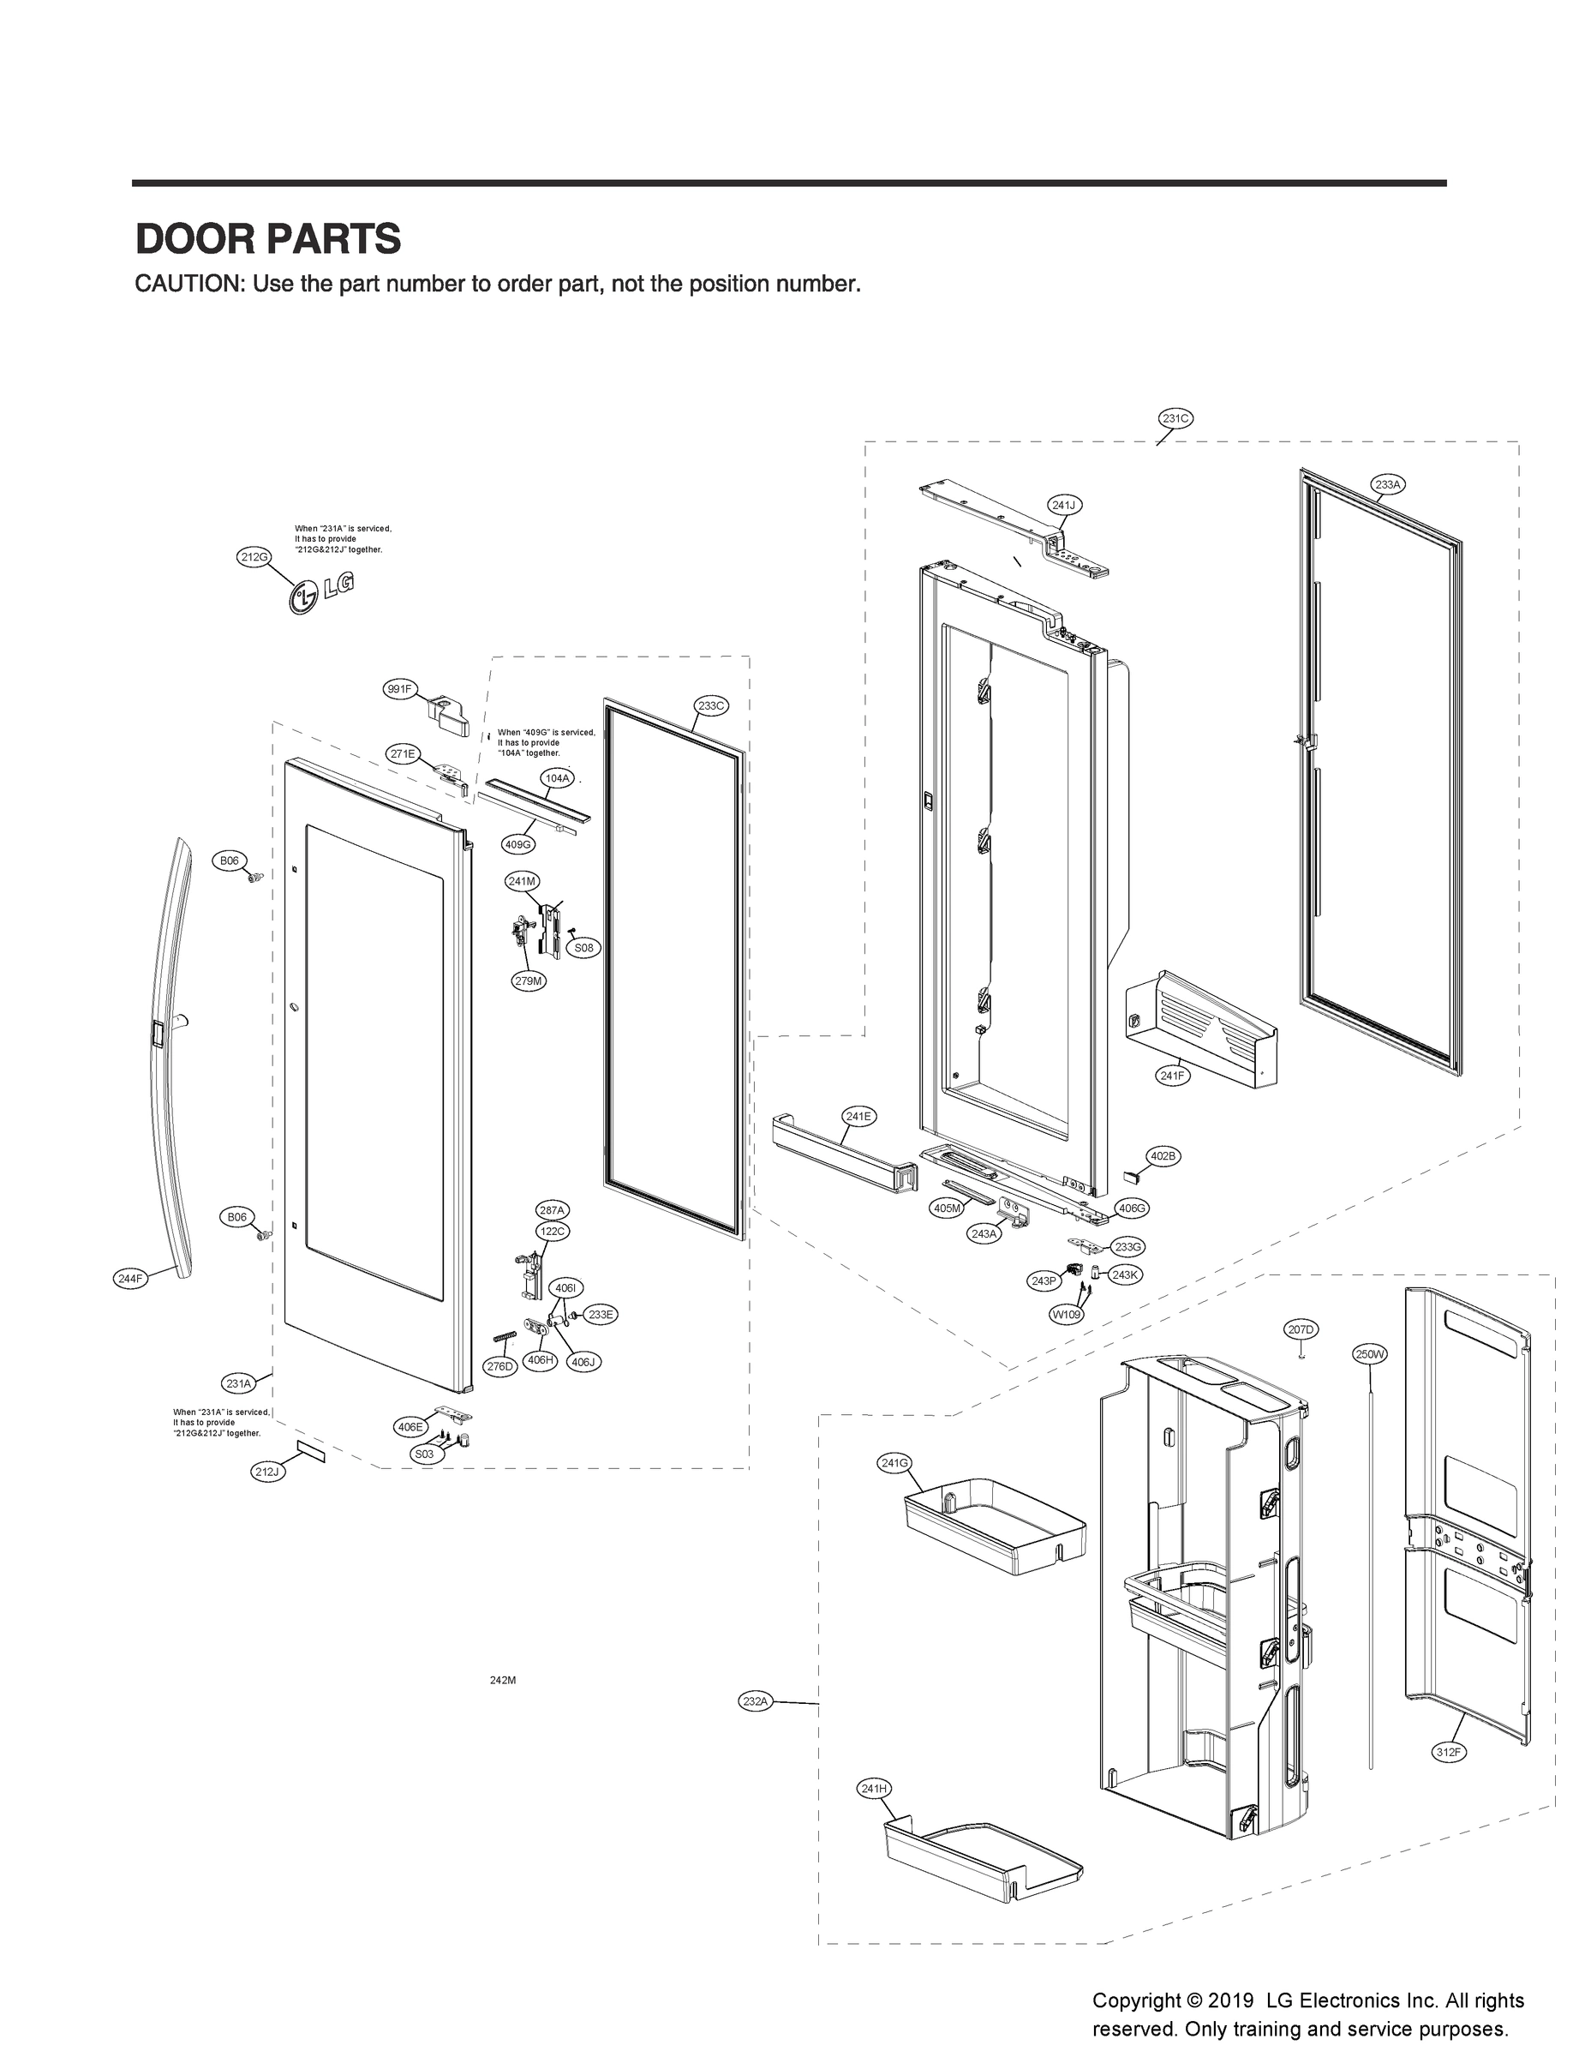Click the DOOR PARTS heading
(268, 239)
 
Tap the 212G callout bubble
(254, 556)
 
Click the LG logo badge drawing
(321, 592)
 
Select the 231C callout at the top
(1174, 418)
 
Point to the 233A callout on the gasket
(1388, 485)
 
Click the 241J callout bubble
(1063, 505)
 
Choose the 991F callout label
(399, 689)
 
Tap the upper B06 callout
(230, 861)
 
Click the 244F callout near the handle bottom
(129, 1279)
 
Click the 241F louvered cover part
(1203, 1030)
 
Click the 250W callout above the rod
(1369, 1355)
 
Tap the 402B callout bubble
(1163, 1156)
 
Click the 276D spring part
(505, 1337)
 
